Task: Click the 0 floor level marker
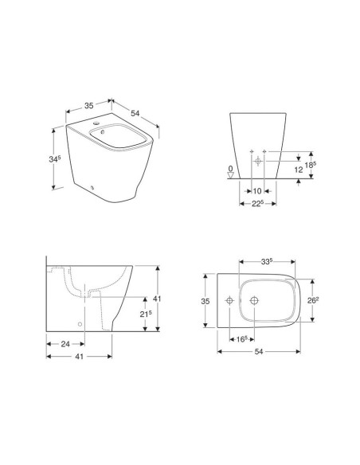231,169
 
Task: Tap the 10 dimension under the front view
257,191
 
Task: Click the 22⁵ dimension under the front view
256,205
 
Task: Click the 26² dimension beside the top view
315,300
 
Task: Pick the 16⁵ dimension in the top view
241,338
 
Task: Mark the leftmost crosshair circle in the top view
229,300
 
